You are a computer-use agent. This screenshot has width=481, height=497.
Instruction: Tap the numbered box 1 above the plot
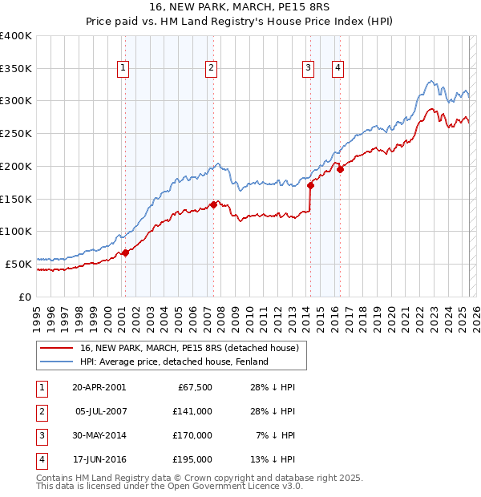point(123,69)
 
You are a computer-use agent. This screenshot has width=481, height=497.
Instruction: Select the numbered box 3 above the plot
point(308,69)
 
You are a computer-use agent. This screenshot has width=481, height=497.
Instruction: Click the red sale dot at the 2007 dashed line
point(214,204)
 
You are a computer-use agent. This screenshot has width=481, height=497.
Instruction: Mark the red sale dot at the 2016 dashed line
point(340,169)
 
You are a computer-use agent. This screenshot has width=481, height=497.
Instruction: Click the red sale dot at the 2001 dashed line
point(126,253)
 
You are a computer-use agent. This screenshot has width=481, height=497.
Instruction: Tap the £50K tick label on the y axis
point(19,263)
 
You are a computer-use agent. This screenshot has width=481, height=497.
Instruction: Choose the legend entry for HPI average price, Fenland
point(173,362)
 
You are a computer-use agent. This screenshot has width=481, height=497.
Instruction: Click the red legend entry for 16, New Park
point(189,348)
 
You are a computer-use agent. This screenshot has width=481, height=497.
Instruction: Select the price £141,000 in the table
point(192,411)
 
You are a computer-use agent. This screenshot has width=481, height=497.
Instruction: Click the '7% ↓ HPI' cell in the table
point(273,436)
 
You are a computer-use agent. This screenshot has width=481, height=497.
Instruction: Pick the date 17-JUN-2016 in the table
point(99,460)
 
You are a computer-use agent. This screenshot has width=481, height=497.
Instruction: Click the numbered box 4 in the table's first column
point(41,460)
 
